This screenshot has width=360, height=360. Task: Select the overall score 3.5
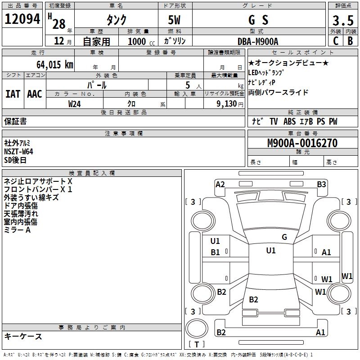tap(342, 20)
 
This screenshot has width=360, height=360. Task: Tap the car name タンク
tap(116, 20)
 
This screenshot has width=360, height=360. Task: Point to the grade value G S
tap(258, 20)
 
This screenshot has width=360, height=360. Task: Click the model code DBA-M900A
tap(258, 41)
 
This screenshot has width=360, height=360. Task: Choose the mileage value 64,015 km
tap(51, 64)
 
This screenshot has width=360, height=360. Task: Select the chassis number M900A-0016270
tap(302, 143)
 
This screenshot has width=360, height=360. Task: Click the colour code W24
tap(75, 104)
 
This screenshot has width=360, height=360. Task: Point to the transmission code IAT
tap(13, 94)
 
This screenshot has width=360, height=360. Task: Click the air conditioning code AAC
tap(35, 94)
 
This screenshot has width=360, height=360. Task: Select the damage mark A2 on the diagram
tap(220, 184)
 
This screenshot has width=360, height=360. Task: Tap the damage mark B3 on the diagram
tap(321, 184)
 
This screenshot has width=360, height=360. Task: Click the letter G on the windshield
tap(284, 237)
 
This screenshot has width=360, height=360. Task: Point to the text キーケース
tap(23, 337)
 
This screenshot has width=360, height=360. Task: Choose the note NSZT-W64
tap(18, 152)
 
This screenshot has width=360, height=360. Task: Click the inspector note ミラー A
tap(17, 230)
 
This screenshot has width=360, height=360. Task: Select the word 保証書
tap(15, 121)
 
